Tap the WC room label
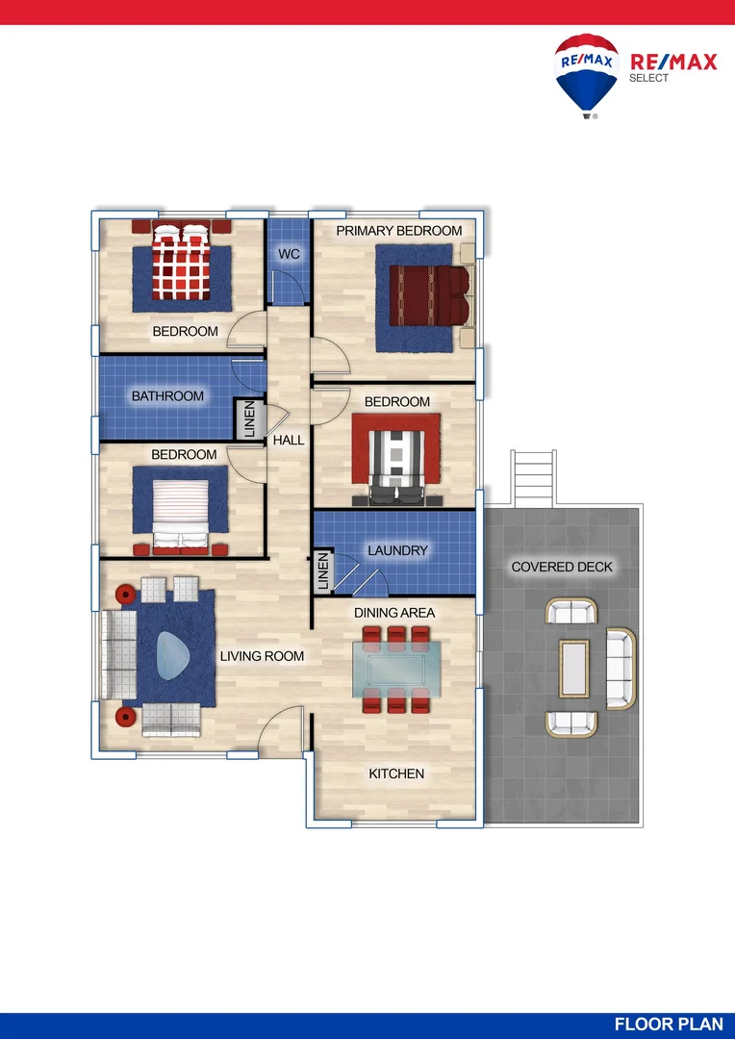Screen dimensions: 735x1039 [289, 254]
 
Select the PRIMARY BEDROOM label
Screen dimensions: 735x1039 [399, 231]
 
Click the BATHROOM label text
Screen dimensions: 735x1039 [167, 396]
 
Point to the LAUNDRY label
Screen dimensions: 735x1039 [397, 550]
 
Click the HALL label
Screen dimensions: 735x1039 [289, 440]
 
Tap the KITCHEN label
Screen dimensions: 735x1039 [396, 773]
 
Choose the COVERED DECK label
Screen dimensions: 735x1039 [562, 568]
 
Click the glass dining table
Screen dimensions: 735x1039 [396, 670]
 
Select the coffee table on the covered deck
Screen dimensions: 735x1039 [574, 669]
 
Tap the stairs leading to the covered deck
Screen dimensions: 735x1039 [534, 477]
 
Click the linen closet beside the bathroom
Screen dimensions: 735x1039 [250, 418]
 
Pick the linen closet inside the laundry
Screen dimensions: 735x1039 [322, 571]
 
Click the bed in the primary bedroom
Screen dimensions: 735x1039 [432, 295]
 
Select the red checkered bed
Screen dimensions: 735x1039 [181, 261]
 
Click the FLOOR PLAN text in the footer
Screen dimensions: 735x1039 [669, 1025]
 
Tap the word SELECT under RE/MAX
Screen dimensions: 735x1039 [648, 78]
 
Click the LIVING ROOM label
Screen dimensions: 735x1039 [262, 656]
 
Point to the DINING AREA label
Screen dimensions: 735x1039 [394, 613]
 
